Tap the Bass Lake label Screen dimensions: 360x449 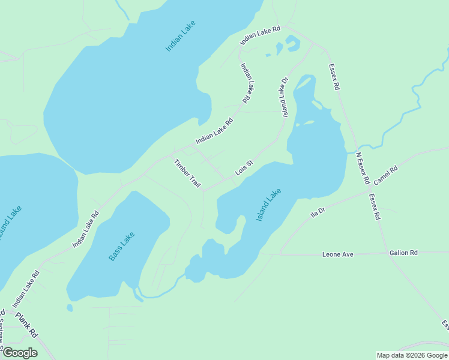(122, 246)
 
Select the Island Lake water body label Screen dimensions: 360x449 (268, 205)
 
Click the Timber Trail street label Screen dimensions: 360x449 (187, 173)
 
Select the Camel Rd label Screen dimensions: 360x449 (385, 176)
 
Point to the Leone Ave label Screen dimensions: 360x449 (338, 254)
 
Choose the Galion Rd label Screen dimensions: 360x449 (403, 253)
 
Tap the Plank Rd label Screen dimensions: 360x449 (26, 325)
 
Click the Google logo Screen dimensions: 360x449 (20, 353)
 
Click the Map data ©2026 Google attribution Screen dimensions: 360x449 (412, 355)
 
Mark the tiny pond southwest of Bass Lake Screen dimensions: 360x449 (70, 308)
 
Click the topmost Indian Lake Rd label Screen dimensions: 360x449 (261, 35)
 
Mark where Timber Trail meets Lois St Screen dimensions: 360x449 (204, 191)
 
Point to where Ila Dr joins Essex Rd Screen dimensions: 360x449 (367, 193)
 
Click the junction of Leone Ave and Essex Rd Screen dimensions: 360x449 (385, 254)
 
